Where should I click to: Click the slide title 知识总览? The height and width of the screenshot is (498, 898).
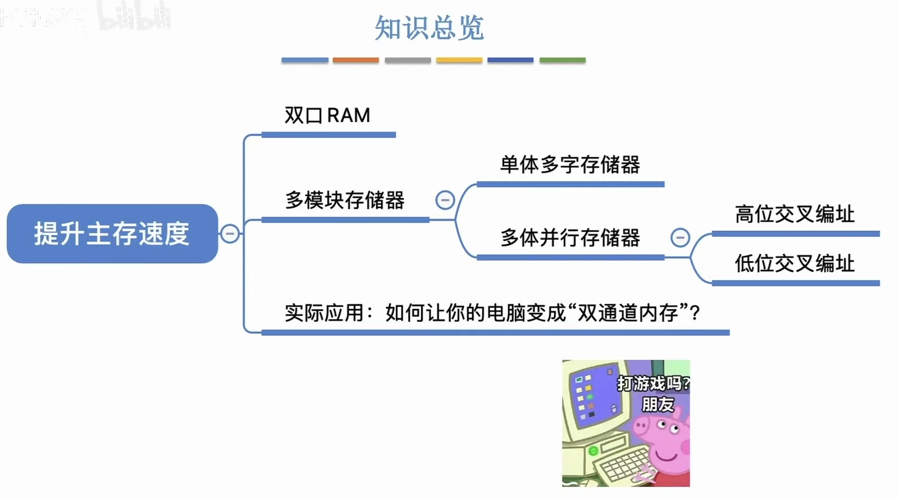[429, 28]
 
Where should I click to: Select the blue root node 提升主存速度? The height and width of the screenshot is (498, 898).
[112, 234]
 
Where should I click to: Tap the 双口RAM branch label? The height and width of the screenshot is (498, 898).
[327, 116]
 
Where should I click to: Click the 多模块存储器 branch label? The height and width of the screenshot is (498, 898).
[345, 200]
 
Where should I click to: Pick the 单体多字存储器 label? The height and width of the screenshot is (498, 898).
[570, 165]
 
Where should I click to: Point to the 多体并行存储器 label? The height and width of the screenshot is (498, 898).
[570, 237]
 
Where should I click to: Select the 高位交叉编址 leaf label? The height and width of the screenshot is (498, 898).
[794, 214]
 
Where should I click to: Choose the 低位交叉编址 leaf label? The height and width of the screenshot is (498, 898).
[794, 263]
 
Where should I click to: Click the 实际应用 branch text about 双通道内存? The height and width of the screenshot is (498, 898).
[492, 313]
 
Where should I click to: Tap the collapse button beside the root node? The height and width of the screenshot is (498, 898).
[230, 234]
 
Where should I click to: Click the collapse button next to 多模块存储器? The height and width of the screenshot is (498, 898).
[445, 200]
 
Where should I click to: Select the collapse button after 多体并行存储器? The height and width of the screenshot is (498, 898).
[680, 237]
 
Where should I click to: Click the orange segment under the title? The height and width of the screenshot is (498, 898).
[356, 60]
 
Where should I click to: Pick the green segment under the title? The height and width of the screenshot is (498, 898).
[563, 60]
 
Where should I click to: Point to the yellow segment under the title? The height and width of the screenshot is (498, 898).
[459, 60]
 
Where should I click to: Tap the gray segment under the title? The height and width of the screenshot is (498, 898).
[408, 60]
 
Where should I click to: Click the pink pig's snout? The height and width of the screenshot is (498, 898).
[641, 426]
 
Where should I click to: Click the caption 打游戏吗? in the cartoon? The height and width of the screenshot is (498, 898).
[653, 384]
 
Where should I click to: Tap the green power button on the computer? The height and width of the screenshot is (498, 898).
[593, 451]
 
